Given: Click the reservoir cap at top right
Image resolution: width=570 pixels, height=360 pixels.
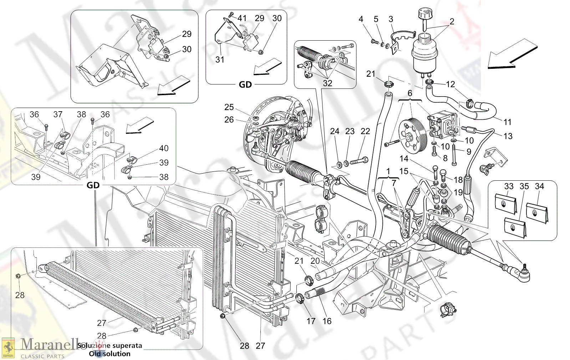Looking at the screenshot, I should point(424,16).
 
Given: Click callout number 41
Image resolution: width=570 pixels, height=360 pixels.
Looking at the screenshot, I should point(242,18).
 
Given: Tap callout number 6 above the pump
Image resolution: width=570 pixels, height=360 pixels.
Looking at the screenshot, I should point(410,93).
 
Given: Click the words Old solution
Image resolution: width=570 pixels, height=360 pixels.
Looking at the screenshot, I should point(110,354).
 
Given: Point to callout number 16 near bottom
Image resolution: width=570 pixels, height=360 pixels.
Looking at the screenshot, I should point(327,321).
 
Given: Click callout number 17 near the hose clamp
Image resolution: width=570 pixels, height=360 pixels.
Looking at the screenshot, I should point(311,321).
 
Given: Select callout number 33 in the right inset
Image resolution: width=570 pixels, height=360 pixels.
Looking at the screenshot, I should point(509,186).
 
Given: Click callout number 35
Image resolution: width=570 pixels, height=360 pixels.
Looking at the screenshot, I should point(524,186).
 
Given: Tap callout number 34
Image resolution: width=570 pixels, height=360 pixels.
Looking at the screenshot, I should point(539,186).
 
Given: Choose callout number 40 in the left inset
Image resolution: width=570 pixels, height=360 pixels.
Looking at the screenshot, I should point(164,148).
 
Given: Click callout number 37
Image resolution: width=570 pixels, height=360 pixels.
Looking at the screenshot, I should point(58,114).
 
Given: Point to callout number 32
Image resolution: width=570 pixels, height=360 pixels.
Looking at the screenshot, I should point(327,83).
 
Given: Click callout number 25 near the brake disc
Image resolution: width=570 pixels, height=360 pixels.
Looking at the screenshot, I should point(229,107).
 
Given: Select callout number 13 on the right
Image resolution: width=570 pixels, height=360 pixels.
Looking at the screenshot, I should point(508,136).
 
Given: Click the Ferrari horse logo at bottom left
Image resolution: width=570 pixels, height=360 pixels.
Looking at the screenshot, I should point(8,348).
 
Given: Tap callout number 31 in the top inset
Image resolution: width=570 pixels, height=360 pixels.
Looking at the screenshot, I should point(220,60).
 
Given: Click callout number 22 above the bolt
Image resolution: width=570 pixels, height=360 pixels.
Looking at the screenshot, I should point(365,131).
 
